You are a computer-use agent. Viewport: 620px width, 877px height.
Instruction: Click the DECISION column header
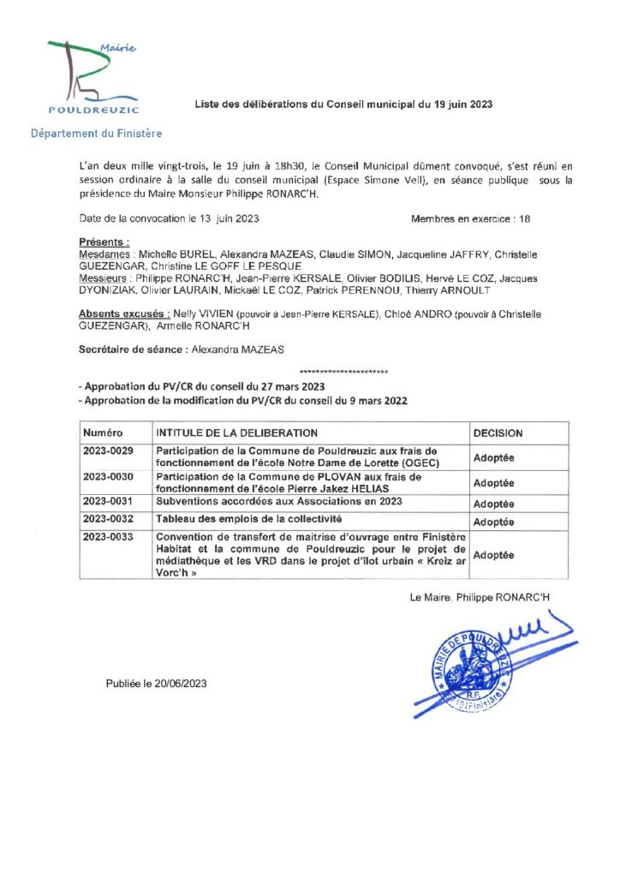point(498,433)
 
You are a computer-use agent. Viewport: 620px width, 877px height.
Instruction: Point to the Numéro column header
point(104,433)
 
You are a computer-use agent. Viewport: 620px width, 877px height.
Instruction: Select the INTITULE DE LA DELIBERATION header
point(236,433)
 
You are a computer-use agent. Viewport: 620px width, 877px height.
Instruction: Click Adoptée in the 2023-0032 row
point(494,522)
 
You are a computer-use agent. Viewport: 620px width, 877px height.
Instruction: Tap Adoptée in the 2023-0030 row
point(494,481)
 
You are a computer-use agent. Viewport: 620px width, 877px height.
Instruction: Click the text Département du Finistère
point(96,134)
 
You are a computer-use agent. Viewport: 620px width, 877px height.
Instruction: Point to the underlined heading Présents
point(104,243)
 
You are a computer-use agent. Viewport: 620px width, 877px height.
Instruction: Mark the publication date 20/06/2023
point(180,683)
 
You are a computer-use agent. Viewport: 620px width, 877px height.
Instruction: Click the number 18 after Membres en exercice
point(525,218)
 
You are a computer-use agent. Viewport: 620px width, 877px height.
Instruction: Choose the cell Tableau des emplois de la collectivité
point(248,519)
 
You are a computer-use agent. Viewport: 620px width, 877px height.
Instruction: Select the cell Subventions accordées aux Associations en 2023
point(278,501)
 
